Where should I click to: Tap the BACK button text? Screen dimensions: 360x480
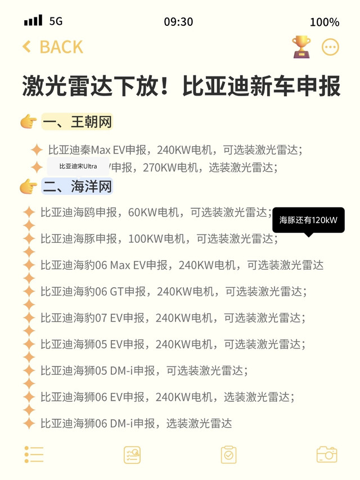61,47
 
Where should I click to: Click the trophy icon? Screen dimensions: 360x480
301,47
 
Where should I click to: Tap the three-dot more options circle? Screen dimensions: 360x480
330,47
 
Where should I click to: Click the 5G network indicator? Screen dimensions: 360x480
56,21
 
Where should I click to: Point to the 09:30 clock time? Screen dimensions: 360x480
178,22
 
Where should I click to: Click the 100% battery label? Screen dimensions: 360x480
325,22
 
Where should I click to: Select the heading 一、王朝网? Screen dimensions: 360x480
77,121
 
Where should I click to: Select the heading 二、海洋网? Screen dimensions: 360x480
77,186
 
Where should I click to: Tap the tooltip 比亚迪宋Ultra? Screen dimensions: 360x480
78,166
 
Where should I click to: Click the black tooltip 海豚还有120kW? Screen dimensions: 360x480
308,220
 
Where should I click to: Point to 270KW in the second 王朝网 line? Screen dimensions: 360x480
160,167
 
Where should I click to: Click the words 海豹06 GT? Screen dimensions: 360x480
98,292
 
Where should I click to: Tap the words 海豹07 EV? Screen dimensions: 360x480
98,318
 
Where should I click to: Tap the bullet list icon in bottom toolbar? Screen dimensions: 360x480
34,454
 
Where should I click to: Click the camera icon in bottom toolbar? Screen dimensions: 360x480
327,454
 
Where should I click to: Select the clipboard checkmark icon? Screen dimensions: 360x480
228,455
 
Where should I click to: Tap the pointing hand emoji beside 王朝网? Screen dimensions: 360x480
29,121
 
